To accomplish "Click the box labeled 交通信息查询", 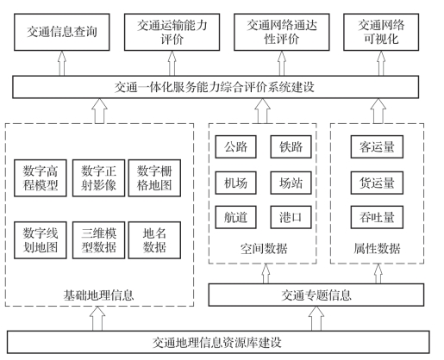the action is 62,32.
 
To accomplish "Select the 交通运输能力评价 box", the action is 172,32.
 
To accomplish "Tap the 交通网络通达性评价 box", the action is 282,32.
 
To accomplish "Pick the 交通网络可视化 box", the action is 381,32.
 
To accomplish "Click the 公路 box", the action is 235,146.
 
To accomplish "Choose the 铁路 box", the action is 291,146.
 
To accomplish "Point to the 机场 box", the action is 235,183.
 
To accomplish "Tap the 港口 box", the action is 291,217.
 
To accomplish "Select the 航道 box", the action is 235,217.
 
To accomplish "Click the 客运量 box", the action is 377,146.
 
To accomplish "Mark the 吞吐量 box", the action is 377,217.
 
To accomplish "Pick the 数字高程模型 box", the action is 41,178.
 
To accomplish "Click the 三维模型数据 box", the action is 98,240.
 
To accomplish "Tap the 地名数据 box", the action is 154,240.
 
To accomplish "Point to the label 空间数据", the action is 264,249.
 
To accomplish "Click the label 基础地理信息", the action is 98,295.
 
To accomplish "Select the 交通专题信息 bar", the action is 316,295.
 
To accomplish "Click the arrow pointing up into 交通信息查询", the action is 62,64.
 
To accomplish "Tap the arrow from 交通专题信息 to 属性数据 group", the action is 378,274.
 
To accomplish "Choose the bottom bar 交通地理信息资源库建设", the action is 218,342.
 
